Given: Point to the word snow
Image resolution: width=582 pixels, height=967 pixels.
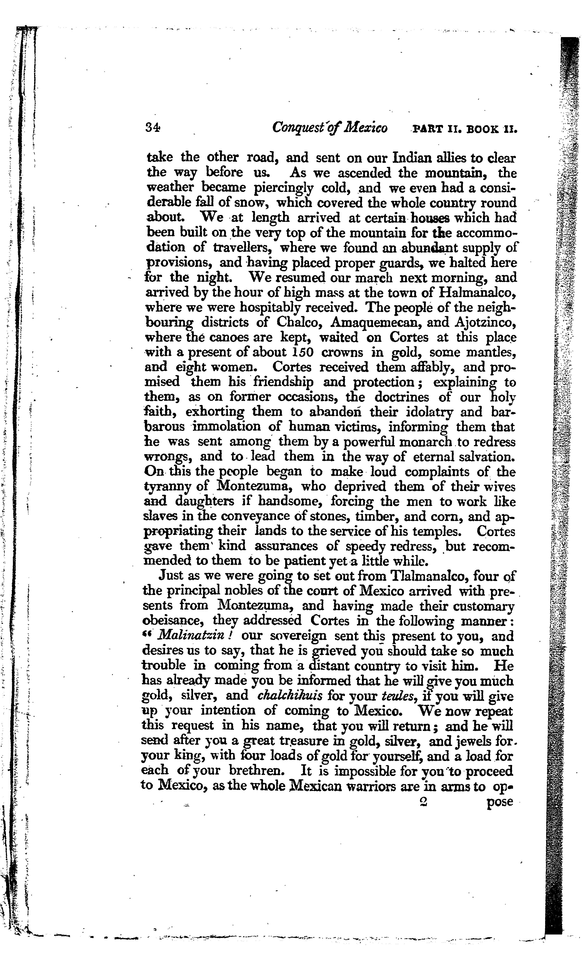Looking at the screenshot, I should tap(251, 203).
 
